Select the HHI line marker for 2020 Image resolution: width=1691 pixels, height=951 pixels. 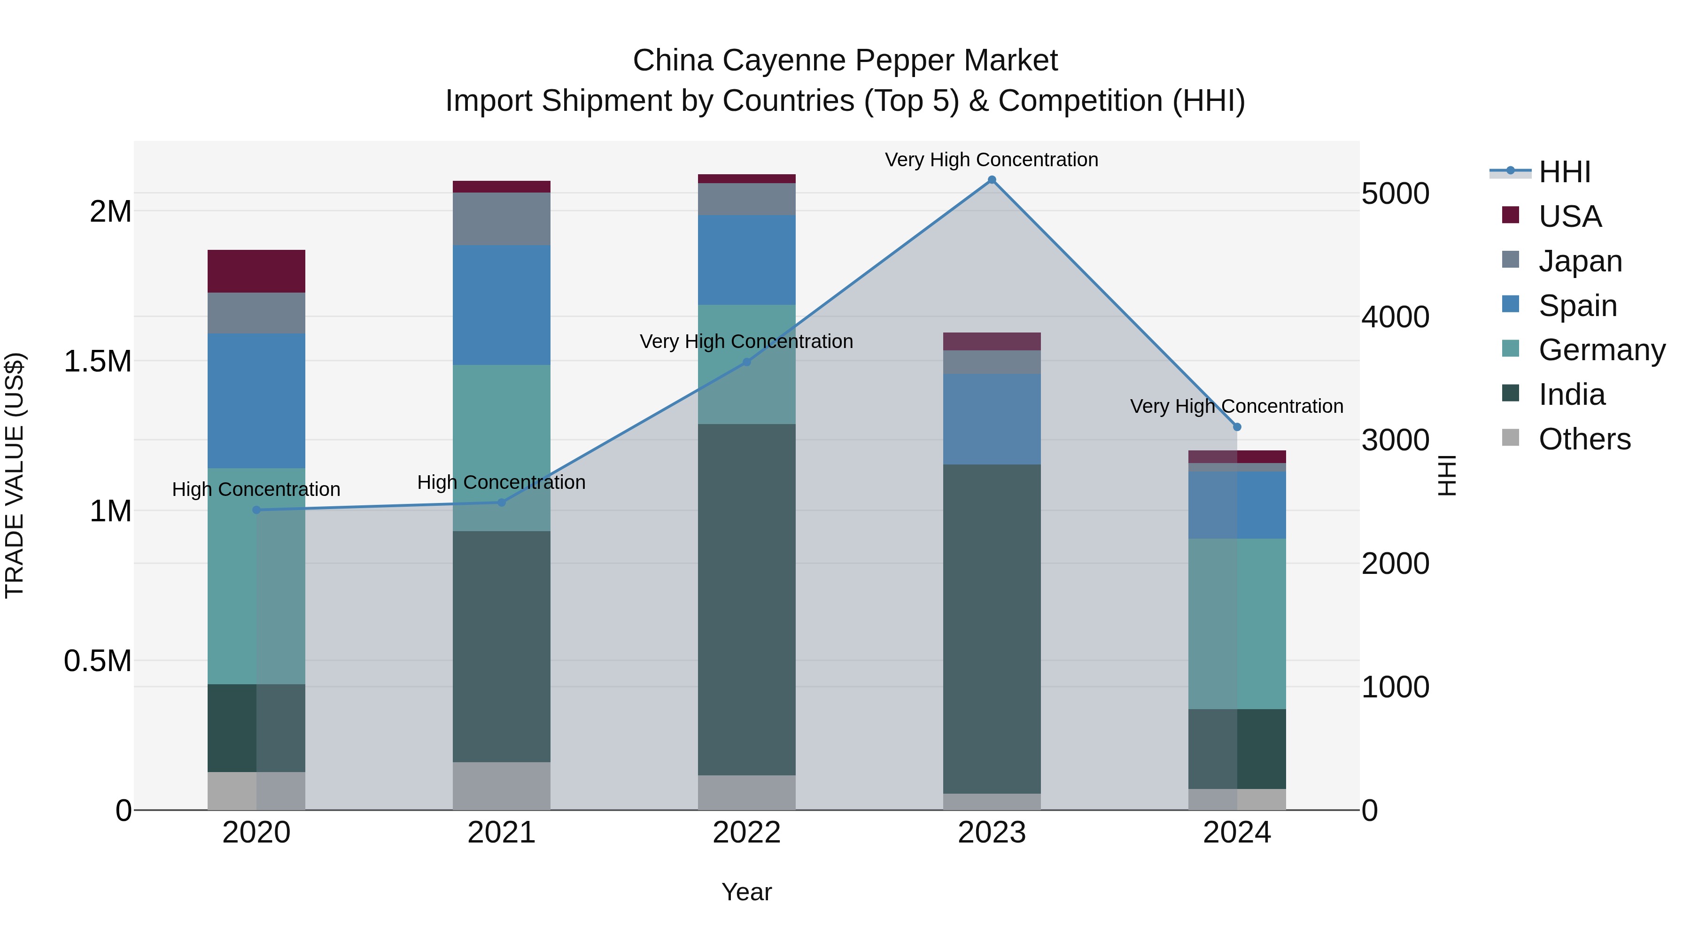click(x=256, y=510)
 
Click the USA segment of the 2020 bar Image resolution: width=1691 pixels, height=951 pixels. click(x=256, y=271)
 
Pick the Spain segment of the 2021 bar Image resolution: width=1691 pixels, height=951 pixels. click(x=502, y=305)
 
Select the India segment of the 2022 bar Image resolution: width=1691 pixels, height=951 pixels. click(x=746, y=599)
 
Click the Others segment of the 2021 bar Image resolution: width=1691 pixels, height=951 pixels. click(x=502, y=786)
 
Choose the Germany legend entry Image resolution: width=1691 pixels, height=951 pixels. click(x=1601, y=350)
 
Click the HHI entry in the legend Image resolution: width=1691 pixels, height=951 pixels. click(x=1564, y=172)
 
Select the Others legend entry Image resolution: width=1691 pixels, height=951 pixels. click(x=1584, y=439)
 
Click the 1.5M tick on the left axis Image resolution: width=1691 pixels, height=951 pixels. click(x=98, y=361)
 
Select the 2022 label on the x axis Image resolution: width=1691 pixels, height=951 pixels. click(x=746, y=833)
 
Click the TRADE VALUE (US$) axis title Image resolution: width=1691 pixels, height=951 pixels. click(x=15, y=475)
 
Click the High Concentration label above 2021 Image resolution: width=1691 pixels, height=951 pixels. click(x=502, y=482)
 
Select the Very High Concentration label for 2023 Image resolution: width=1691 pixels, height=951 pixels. click(x=991, y=160)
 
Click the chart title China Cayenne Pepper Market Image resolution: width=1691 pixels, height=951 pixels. click(x=845, y=61)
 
